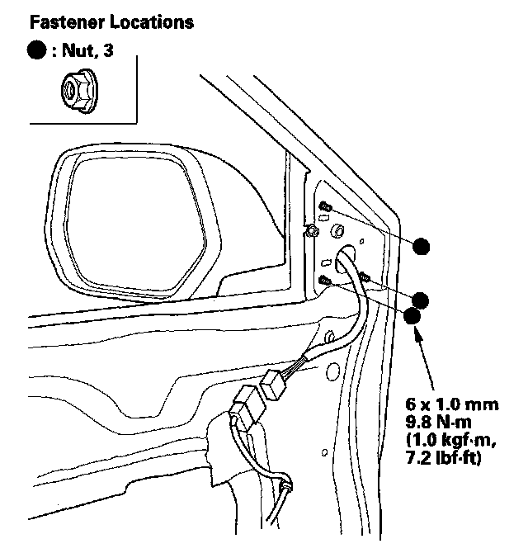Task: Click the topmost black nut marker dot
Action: tap(422, 246)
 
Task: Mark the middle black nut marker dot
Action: tap(422, 300)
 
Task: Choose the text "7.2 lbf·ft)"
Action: tap(445, 455)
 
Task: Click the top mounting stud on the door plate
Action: tap(327, 205)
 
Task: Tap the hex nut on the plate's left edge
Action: tap(311, 231)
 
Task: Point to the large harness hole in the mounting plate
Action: tap(345, 253)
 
